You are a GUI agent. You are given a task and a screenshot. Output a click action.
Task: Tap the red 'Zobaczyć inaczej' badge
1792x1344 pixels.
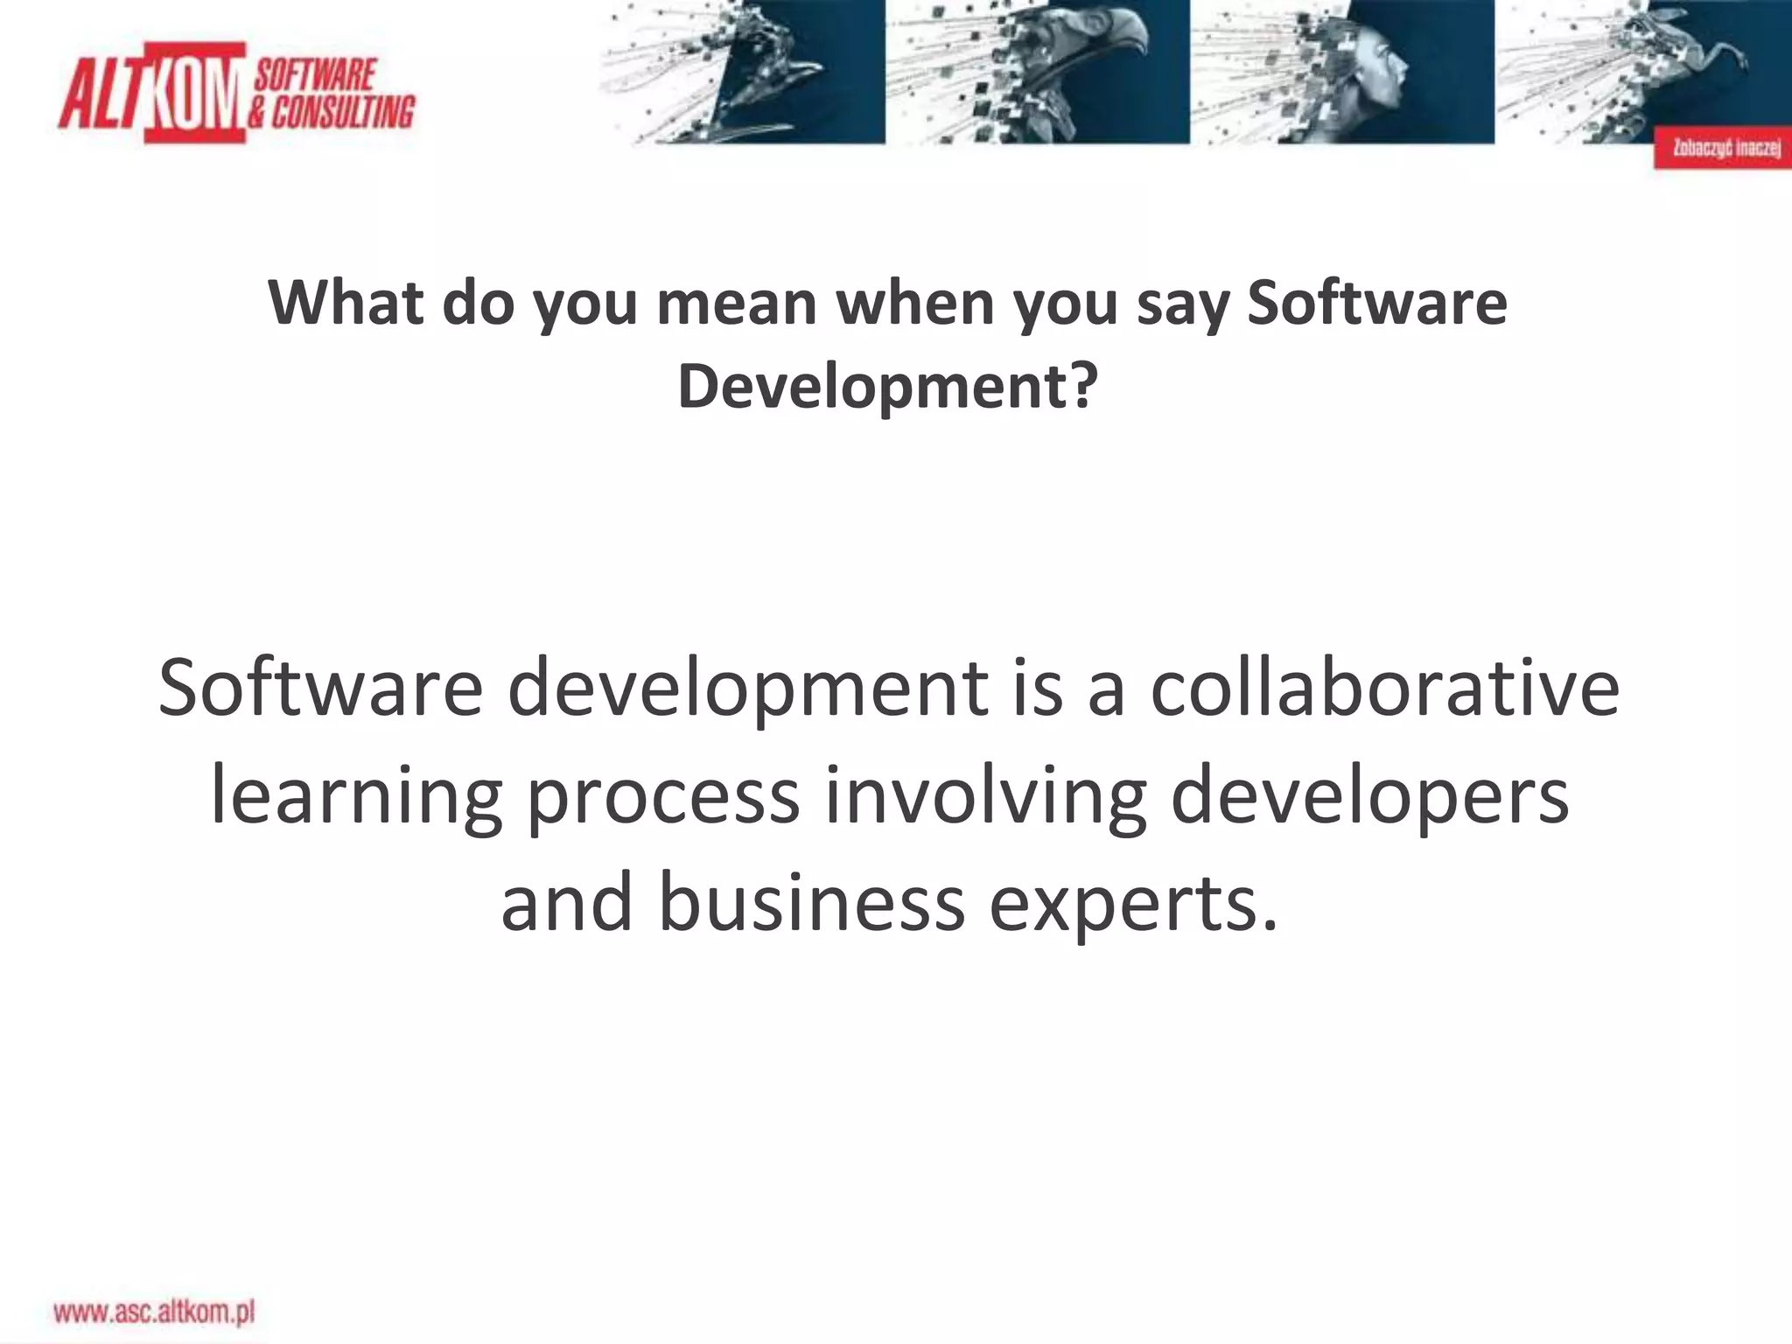point(1721,148)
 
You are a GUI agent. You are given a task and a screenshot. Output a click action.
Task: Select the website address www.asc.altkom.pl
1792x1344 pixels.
point(154,1312)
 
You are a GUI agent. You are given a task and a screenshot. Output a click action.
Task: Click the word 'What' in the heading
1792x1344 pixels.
point(346,303)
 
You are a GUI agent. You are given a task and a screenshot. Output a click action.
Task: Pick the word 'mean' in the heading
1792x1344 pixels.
point(737,303)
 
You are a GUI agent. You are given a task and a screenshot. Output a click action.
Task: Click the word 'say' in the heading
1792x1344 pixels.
point(1181,303)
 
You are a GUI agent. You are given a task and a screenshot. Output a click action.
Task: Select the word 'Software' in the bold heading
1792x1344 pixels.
point(1376,303)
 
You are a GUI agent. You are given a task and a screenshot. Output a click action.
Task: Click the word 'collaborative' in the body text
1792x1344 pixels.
point(1384,688)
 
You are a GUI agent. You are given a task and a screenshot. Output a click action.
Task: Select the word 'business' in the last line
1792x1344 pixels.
point(811,903)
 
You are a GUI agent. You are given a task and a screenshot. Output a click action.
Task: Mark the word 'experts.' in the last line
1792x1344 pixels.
point(1134,903)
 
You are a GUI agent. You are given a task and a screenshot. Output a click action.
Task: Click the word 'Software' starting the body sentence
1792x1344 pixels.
point(320,688)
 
